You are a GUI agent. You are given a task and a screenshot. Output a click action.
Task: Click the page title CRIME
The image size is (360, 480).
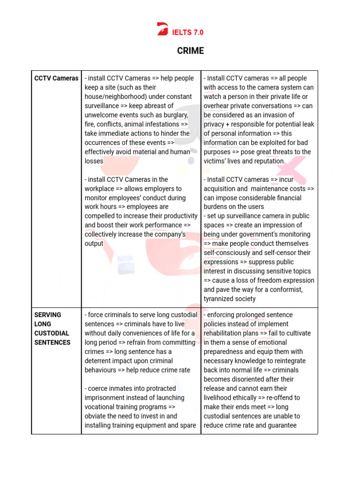190,51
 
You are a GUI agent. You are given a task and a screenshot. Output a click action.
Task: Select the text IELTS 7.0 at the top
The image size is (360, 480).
188,32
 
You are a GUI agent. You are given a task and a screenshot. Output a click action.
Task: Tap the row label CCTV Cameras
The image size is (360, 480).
56,78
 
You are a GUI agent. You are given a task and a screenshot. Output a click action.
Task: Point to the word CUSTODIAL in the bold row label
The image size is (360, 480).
52,333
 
